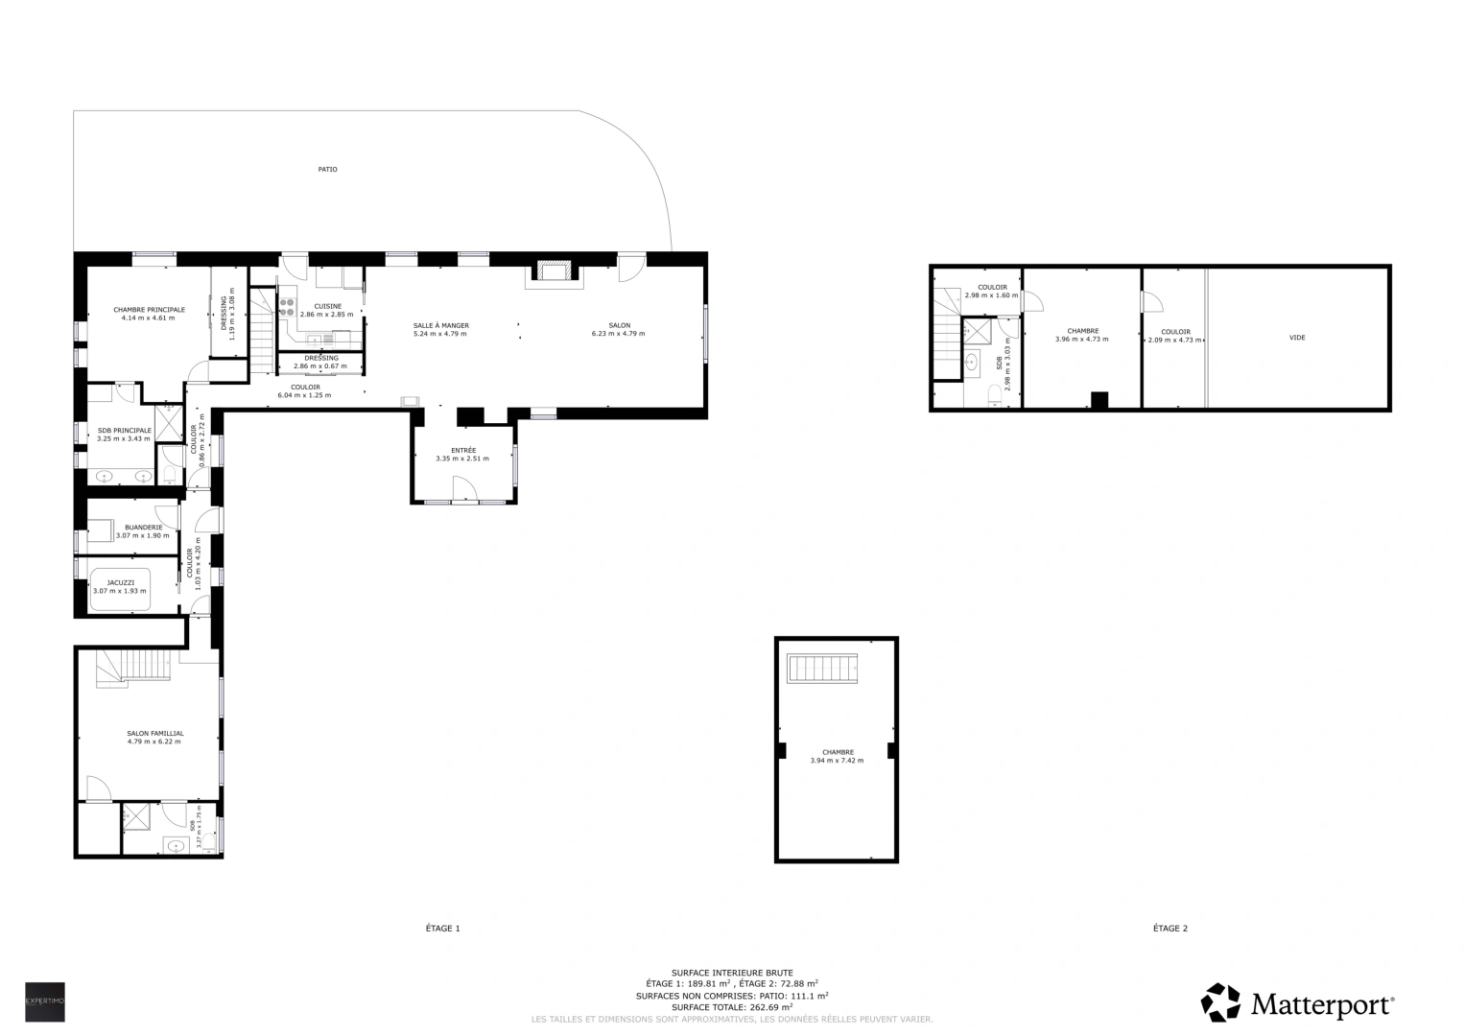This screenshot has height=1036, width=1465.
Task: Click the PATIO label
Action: pos(327,170)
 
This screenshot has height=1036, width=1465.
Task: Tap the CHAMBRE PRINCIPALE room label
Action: pos(149,310)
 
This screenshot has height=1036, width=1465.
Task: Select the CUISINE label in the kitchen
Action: pos(327,306)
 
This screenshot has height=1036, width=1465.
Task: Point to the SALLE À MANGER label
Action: pos(440,325)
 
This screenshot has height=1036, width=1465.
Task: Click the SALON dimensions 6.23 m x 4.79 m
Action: pos(618,334)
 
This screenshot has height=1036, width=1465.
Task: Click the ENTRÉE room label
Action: pos(462,450)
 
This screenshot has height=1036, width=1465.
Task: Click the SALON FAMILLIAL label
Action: pos(154,733)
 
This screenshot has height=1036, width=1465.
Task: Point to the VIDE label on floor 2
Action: pos(1297,338)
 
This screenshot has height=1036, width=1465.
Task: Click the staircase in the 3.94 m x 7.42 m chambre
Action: pos(822,668)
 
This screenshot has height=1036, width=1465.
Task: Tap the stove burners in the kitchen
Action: pos(286,306)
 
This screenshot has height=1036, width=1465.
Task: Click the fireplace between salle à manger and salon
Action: pos(553,272)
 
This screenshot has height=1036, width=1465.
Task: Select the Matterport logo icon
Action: pos(1220,1002)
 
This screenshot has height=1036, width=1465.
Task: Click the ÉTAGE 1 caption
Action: pos(443,929)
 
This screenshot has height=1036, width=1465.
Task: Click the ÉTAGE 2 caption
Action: pos(1170,929)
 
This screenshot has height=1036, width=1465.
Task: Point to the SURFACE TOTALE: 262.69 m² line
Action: pos(732,1007)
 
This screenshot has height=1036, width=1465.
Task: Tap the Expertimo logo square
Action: pos(45,1001)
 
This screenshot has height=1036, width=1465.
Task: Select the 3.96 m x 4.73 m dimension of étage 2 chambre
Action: pos(1081,340)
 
